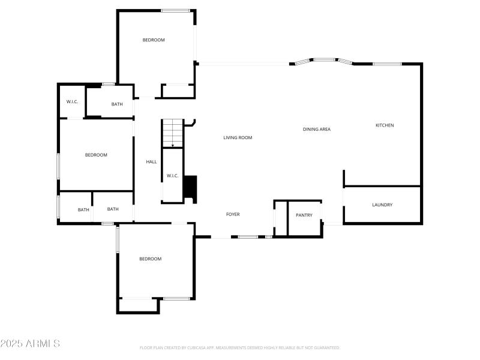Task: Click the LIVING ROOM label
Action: coord(238,138)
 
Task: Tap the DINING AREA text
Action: coord(316,130)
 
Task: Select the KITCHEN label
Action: coord(385,125)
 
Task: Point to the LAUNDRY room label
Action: coord(382,205)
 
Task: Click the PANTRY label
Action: coord(304,215)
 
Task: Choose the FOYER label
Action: coord(233,214)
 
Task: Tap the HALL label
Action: coord(151,162)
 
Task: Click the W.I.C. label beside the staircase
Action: coord(172,176)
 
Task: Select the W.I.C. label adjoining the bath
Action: coord(72,102)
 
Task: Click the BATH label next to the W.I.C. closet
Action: coord(117,104)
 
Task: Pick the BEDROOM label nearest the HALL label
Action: coord(96,155)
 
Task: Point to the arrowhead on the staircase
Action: coord(173,145)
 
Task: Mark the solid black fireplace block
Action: coord(190,187)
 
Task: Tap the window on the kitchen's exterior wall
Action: coord(387,64)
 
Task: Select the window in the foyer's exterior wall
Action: coord(248,237)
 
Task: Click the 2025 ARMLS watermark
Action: coord(30,344)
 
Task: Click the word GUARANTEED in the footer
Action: coord(328,348)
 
